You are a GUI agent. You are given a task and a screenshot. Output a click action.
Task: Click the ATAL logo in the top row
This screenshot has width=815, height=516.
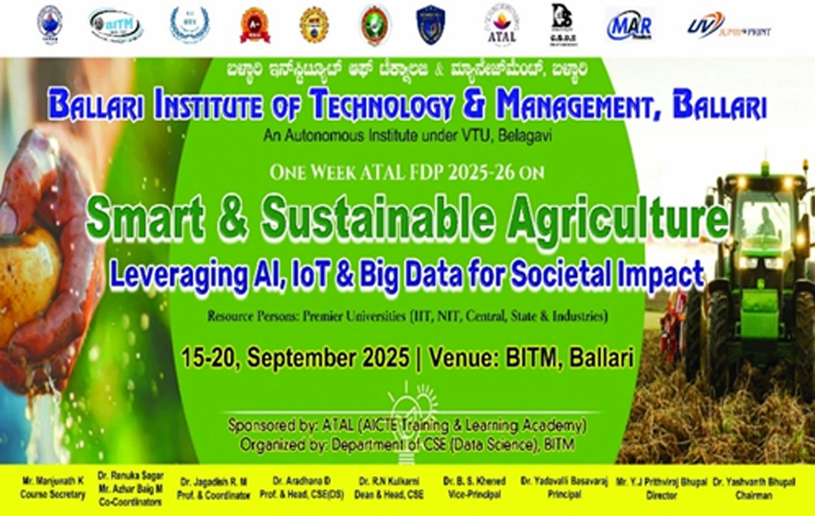[x=502, y=25]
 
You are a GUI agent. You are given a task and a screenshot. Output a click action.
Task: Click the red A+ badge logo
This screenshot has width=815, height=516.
[x=254, y=25]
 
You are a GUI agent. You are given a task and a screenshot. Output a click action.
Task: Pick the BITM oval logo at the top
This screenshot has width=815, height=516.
[x=116, y=25]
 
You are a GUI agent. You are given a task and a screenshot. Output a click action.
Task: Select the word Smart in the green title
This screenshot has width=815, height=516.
[x=148, y=219]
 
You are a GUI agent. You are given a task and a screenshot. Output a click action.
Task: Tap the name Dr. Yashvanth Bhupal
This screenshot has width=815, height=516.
[x=769, y=481]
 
